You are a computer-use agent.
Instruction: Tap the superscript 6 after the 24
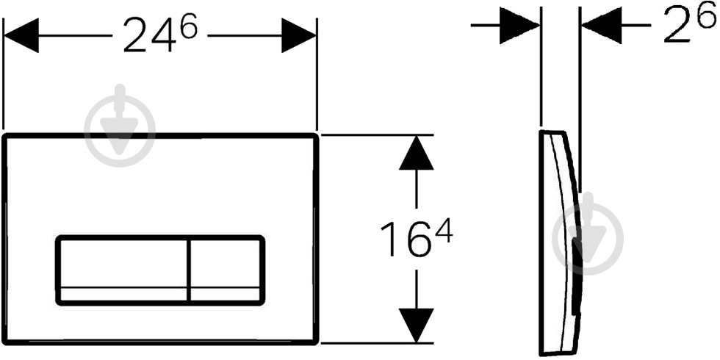[x=188, y=26]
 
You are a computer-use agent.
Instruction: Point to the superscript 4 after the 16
[x=444, y=232]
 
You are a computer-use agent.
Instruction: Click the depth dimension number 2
[x=677, y=27]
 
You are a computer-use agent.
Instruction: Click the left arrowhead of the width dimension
[x=21, y=35]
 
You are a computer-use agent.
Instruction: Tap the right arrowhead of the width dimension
[x=299, y=35]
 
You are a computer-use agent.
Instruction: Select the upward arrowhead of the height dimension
[x=417, y=153]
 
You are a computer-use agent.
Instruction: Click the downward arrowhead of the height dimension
[x=417, y=325]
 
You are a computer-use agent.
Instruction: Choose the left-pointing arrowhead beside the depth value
[x=602, y=25]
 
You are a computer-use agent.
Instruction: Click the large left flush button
[x=122, y=270]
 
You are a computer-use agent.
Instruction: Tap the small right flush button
[x=226, y=270]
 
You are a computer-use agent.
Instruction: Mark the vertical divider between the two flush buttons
[x=188, y=270]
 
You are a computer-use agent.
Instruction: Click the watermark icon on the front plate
[x=120, y=126]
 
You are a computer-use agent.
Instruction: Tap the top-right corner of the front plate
[x=316, y=135]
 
